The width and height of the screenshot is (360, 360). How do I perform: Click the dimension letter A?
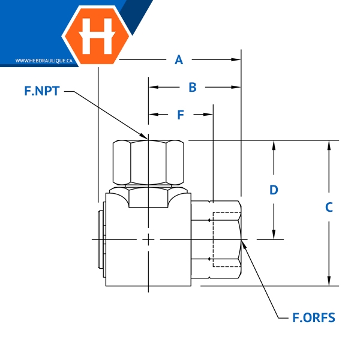pos(178,59)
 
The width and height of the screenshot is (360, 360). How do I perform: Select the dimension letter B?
pos(193,88)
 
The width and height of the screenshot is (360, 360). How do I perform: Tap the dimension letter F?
pos(181,115)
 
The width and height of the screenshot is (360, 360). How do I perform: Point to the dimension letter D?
pos(274,190)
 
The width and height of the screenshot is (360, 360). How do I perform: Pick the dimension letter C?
pos(329,208)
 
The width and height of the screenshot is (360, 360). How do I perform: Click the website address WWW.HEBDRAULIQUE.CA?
pos(44,61)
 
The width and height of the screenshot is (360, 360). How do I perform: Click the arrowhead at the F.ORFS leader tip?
pos(244,242)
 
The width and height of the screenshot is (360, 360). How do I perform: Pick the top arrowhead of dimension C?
pos(329,145)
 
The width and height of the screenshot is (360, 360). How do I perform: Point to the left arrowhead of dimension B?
pos(152,88)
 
